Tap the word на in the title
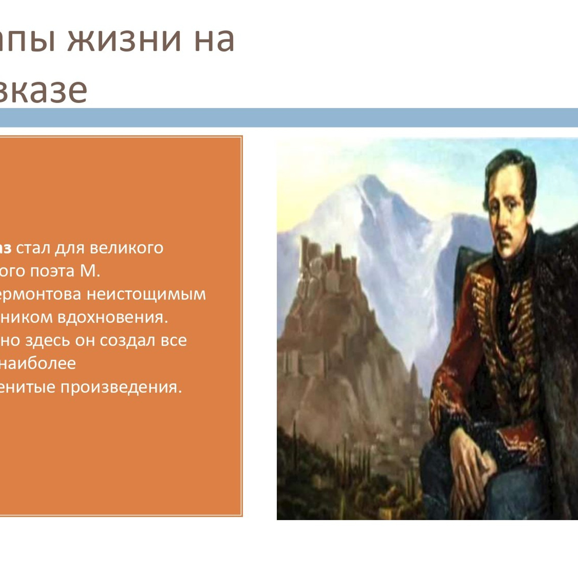pyautogui.click(x=214, y=41)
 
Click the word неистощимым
pyautogui.click(x=146, y=294)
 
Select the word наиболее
pyautogui.click(x=38, y=363)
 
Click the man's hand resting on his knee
pyautogui.click(x=470, y=458)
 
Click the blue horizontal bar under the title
pyautogui.click(x=289, y=117)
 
